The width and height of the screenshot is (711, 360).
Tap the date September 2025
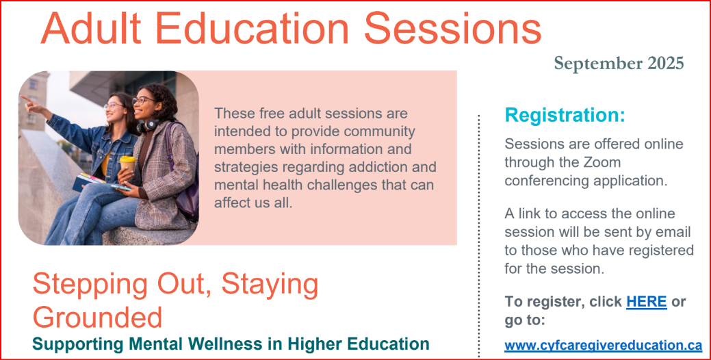[619, 64]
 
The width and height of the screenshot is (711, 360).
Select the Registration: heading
[565, 115]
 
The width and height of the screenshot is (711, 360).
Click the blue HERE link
[646, 302]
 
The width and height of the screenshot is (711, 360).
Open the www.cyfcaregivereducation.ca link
[603, 346]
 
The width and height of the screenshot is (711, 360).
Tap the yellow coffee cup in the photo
[127, 166]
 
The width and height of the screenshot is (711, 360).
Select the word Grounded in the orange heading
[97, 317]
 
